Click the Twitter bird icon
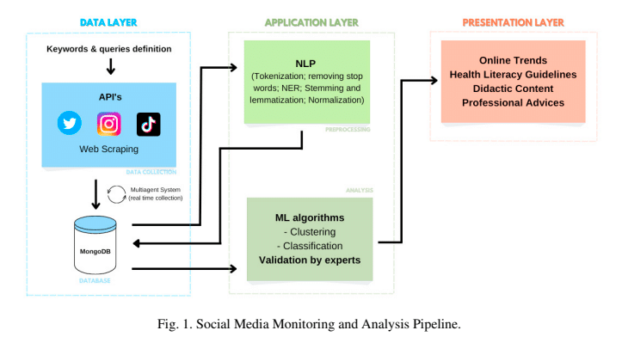click(70, 123)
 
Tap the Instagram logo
click(108, 124)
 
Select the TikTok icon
click(148, 124)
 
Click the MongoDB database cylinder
click(95, 245)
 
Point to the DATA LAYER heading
click(108, 22)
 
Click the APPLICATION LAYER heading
click(311, 22)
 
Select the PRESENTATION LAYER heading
click(513, 22)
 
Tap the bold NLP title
click(305, 64)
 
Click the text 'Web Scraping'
click(108, 149)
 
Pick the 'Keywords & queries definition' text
click(109, 49)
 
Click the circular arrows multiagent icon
click(117, 194)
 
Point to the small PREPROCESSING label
click(348, 129)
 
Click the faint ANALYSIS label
click(360, 190)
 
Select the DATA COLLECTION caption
click(151, 172)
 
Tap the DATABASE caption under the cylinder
click(95, 280)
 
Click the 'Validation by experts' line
click(310, 260)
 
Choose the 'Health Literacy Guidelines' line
click(513, 75)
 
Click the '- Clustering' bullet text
click(310, 232)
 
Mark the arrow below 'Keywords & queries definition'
click(111, 66)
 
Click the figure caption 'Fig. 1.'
click(175, 324)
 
